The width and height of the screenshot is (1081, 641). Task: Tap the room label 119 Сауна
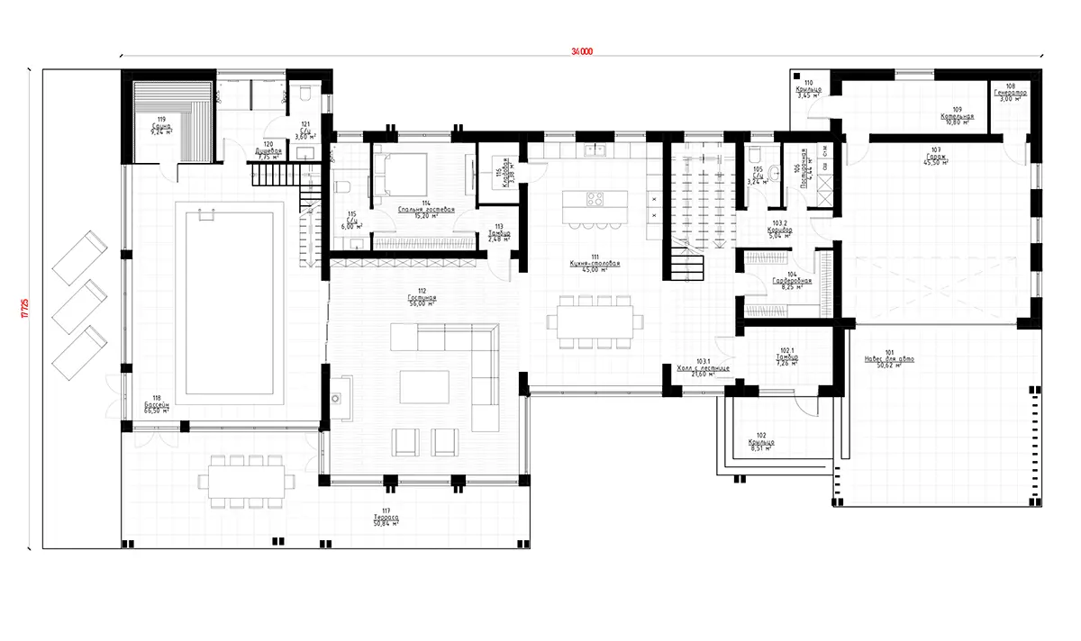(x=162, y=123)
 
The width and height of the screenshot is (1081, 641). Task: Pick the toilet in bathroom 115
(x=343, y=188)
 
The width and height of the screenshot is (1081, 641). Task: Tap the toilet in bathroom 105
(x=757, y=154)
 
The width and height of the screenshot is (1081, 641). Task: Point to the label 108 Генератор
(x=1011, y=93)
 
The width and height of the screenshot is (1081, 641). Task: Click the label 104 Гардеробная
(x=792, y=282)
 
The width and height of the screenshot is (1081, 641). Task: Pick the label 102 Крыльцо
(x=761, y=442)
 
